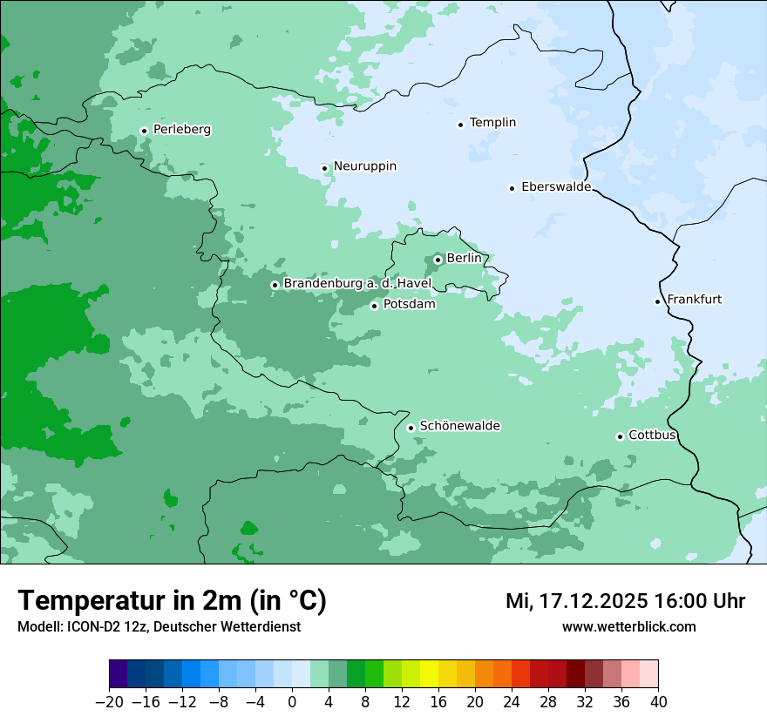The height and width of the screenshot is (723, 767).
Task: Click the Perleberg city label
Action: tap(181, 130)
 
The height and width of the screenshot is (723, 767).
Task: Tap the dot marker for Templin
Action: tap(460, 125)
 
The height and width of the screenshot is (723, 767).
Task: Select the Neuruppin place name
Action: tap(364, 166)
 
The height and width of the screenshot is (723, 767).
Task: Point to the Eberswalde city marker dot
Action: tap(512, 188)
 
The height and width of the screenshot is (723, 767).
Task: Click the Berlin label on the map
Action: tap(464, 259)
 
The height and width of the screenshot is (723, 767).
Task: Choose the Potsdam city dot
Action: tap(374, 306)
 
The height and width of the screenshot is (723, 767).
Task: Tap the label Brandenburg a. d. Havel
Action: tap(357, 284)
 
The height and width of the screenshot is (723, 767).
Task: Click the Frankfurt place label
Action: tap(694, 300)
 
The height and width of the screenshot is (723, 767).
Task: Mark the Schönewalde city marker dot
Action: tap(411, 428)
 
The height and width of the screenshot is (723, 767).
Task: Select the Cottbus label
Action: tap(652, 436)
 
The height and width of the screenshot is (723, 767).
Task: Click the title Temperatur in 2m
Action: tap(172, 601)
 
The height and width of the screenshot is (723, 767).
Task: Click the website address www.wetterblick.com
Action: tap(628, 627)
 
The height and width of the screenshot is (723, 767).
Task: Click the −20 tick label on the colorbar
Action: tap(109, 702)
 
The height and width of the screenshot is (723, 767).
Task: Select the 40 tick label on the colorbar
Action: tap(658, 702)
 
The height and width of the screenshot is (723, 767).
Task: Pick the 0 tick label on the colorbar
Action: tap(292, 702)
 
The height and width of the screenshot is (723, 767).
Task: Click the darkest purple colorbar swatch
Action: tap(119, 674)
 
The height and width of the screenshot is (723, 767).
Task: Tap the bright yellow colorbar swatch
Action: tap(429, 674)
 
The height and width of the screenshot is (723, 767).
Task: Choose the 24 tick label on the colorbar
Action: tap(512, 702)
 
